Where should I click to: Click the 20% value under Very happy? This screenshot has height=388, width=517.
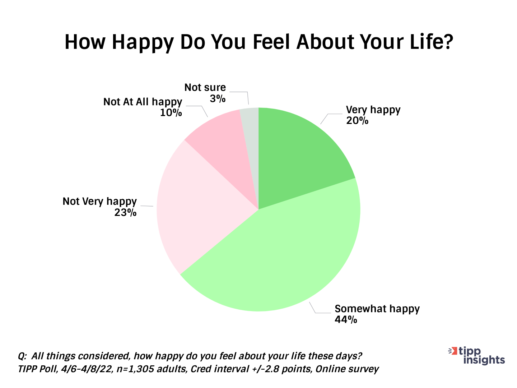click(357, 121)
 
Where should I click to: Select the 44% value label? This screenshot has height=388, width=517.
click(346, 319)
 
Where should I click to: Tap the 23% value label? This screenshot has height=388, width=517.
click(125, 213)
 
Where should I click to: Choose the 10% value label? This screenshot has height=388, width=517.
click(171, 113)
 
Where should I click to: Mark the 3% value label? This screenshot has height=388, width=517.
click(218, 98)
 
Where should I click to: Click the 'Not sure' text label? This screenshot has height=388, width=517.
click(205, 87)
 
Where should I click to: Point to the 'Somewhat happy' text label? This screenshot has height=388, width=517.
click(377, 309)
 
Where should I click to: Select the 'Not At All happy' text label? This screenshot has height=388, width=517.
click(143, 102)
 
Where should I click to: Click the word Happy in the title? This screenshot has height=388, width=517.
click(143, 42)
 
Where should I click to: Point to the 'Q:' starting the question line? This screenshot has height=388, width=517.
click(22, 356)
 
